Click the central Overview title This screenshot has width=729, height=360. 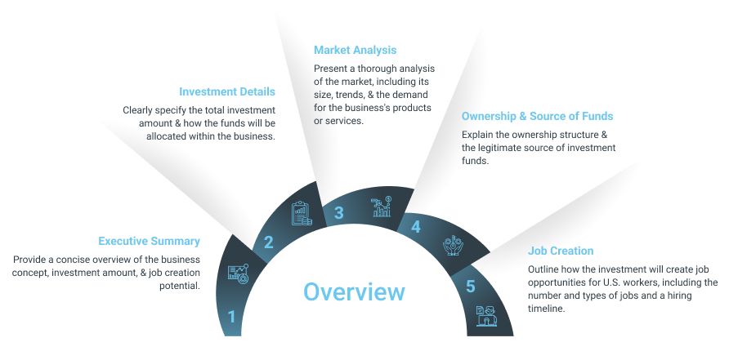pos(354,291)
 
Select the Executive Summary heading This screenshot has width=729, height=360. pos(149,241)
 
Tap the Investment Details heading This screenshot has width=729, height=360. pos(227,91)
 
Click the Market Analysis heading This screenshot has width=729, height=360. pos(356,50)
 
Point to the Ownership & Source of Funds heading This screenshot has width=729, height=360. pos(538,116)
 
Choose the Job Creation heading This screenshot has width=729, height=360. pos(561,251)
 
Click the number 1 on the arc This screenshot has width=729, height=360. pos(231,318)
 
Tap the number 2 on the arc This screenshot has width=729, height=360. pos(269,242)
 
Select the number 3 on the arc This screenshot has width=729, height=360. pos(339,213)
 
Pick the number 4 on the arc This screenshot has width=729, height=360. pos(416,227)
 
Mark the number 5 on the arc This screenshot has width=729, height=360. pos(471,287)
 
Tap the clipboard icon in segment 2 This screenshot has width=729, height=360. pos(302,213)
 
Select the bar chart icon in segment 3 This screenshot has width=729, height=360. pos(381,207)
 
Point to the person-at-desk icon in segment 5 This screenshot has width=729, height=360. pos(486,316)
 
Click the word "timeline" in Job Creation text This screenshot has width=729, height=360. pos(546,309)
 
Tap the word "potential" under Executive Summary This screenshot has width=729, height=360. pos(180,286)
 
